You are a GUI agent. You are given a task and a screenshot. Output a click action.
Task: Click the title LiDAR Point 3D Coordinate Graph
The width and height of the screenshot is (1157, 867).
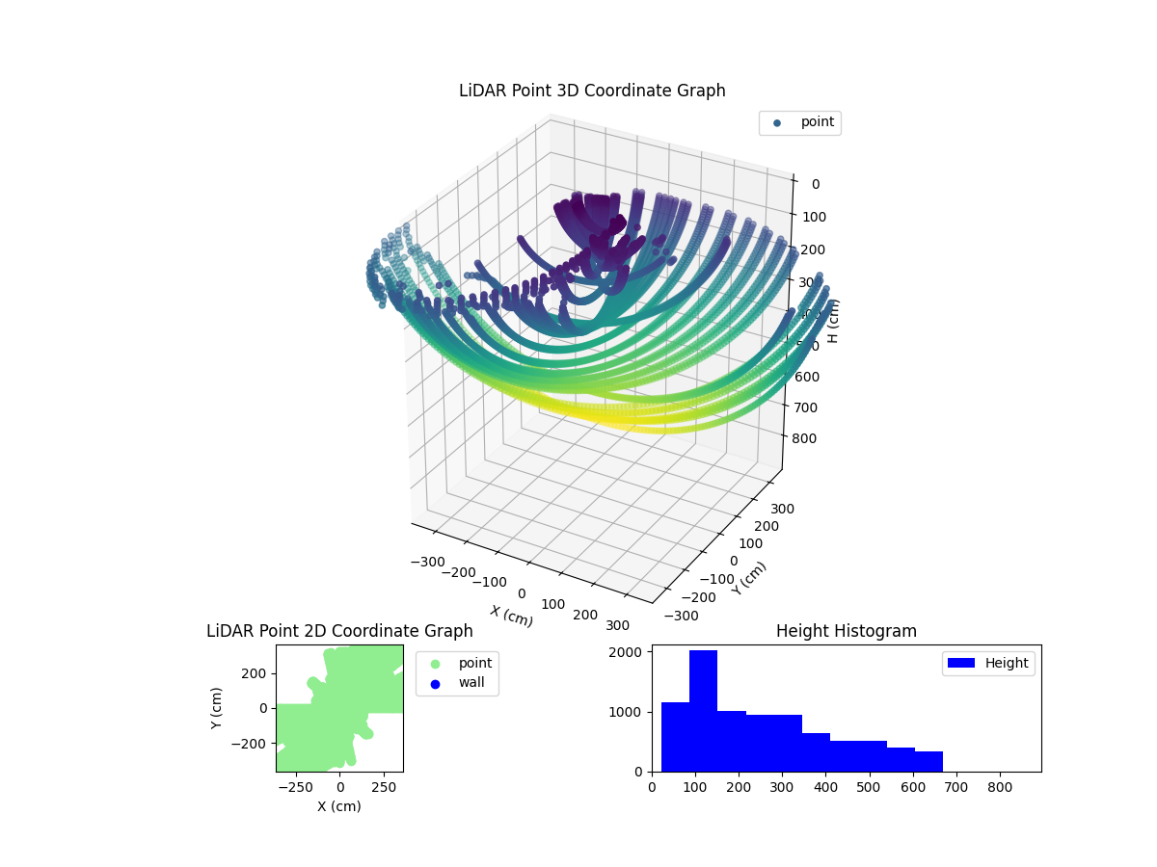pos(592,91)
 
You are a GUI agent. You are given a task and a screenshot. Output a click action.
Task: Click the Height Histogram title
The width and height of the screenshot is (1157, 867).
pos(846,631)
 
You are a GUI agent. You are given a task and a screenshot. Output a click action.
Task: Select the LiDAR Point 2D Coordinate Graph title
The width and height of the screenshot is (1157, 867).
pos(339,631)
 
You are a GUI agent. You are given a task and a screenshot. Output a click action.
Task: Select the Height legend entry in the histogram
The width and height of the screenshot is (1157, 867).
pos(989,663)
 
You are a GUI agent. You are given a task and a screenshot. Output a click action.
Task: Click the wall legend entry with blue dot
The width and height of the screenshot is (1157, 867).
pos(458,683)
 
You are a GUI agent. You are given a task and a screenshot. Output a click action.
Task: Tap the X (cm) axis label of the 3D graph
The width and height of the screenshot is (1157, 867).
pos(511,617)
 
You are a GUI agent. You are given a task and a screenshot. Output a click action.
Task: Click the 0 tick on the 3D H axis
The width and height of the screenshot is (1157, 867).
pos(816,185)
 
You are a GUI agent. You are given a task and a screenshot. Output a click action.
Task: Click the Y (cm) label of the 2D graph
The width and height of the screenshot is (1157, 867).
pos(217,707)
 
